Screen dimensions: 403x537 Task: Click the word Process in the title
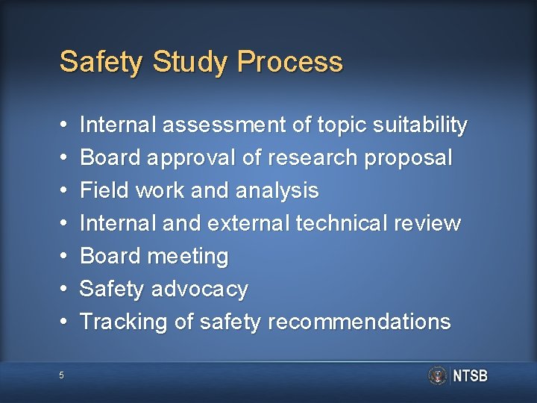290,62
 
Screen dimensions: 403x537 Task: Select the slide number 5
62,375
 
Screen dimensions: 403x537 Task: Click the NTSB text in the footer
471,376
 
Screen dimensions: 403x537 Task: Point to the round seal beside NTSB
438,375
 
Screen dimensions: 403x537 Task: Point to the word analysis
277,190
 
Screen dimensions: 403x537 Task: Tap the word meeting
188,256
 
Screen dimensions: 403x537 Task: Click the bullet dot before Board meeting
64,256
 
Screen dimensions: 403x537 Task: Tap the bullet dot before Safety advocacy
64,289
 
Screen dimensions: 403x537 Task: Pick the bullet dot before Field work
64,190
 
